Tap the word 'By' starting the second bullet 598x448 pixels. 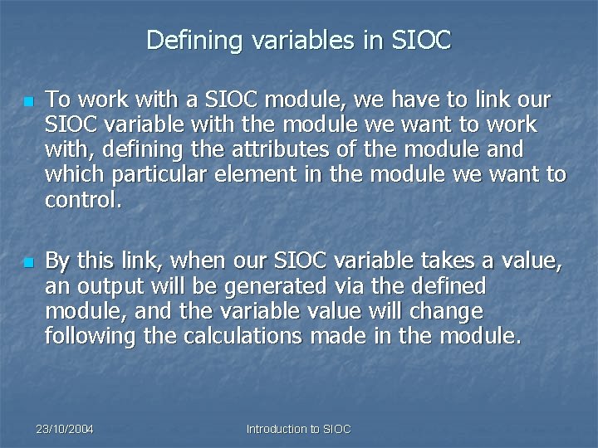[x=57, y=261]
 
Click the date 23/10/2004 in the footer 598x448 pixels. [x=65, y=429]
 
